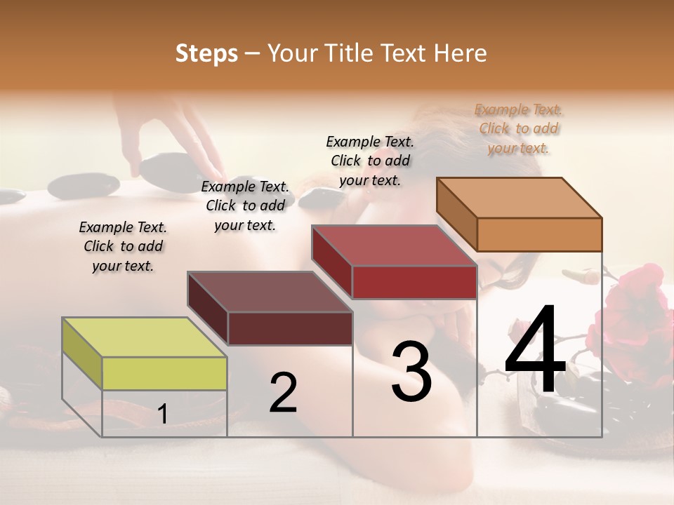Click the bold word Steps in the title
(206, 53)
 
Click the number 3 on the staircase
(411, 372)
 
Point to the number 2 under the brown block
(283, 393)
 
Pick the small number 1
(163, 414)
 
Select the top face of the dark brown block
(269, 292)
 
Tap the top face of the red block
(393, 246)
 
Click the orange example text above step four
(519, 128)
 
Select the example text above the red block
(370, 161)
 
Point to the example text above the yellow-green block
(123, 246)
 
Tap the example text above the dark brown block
(245, 206)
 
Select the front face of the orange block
(539, 234)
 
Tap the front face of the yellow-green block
(164, 373)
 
